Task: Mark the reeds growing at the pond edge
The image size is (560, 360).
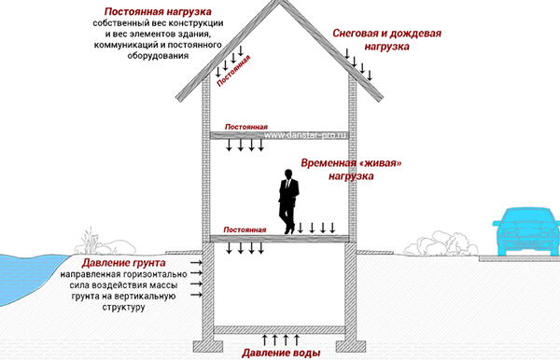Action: point(90,242)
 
